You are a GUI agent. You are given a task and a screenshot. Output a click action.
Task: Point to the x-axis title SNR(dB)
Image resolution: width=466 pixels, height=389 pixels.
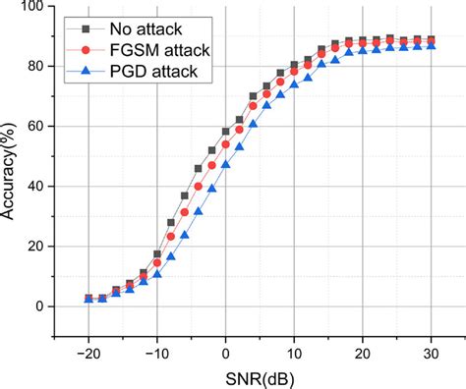(x=259, y=378)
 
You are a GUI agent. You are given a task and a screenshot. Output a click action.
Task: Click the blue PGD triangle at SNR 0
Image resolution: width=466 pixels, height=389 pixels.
(x=226, y=165)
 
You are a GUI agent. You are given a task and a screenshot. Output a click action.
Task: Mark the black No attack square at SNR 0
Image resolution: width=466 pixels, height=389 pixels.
(x=226, y=132)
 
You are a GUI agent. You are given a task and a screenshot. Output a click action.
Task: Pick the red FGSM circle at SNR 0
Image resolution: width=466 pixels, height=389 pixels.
(x=226, y=144)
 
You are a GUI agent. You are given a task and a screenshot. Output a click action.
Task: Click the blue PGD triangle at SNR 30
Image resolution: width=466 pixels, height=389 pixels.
(x=431, y=45)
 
